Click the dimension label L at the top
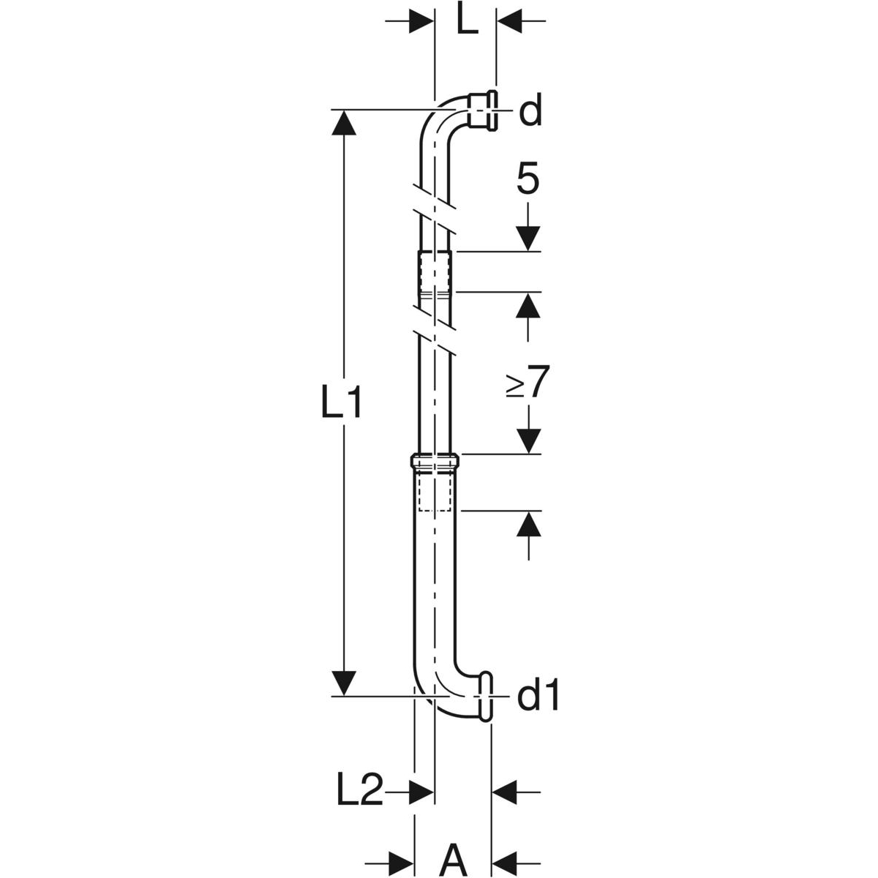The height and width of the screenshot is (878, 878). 467,21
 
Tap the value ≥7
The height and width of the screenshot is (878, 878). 528,381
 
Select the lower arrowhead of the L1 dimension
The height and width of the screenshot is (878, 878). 344,696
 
